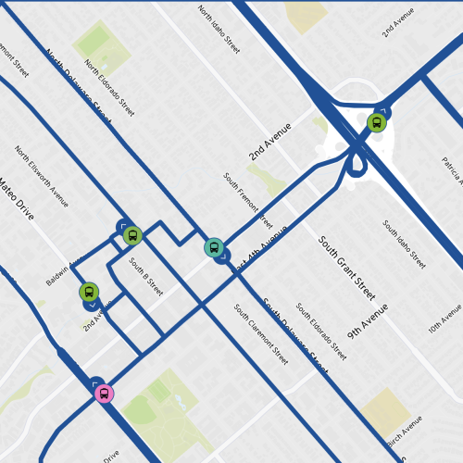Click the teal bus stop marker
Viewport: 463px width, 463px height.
(214, 247)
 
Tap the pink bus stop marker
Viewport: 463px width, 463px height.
(104, 394)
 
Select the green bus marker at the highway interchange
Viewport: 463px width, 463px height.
(376, 122)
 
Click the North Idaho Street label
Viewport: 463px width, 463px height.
(219, 29)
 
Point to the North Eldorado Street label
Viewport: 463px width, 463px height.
(109, 89)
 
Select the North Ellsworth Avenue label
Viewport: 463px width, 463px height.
(42, 176)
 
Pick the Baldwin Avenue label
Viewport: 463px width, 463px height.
(63, 271)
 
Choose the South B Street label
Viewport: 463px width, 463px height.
(145, 274)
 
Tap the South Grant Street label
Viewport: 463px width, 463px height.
(347, 269)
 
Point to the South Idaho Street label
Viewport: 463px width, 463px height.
(405, 244)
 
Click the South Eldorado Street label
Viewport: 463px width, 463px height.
(321, 332)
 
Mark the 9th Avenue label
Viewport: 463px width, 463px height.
(368, 319)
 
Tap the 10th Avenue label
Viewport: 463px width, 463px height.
(444, 319)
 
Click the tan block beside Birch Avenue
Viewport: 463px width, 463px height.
(385, 411)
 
